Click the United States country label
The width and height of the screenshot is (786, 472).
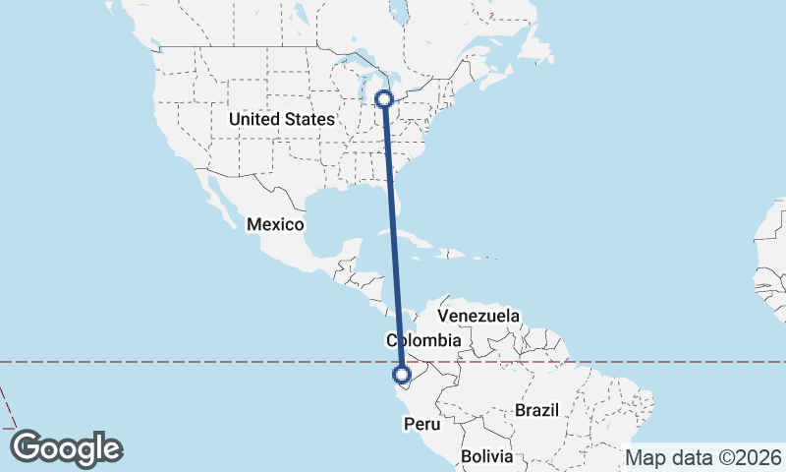(x=281, y=119)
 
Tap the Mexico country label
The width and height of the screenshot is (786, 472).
(x=275, y=224)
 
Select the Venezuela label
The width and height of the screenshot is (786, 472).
(x=477, y=316)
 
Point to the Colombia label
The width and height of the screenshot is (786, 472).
(x=422, y=340)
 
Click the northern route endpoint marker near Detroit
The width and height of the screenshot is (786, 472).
(x=385, y=98)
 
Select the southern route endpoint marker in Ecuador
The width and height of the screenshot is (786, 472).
(x=401, y=374)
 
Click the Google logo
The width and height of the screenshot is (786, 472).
(x=66, y=448)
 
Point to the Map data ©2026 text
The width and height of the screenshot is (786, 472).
(x=702, y=457)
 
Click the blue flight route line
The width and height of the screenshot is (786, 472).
(x=393, y=236)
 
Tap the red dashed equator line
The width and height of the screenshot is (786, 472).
(x=196, y=362)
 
